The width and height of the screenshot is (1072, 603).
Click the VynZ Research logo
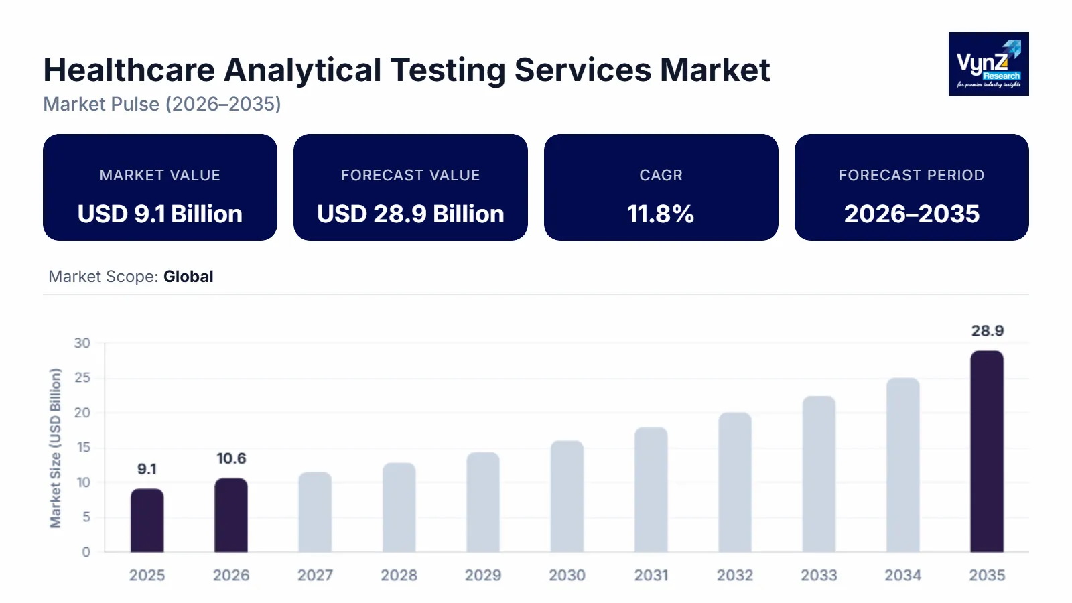click(x=988, y=64)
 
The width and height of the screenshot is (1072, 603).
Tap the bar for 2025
click(x=147, y=521)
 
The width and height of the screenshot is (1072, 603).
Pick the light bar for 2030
click(x=567, y=496)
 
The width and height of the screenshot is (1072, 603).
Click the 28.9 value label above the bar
click(x=987, y=331)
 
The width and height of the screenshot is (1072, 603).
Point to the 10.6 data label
click(x=231, y=459)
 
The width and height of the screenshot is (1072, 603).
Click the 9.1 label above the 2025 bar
click(x=147, y=469)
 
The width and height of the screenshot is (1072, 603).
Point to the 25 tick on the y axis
click(x=82, y=378)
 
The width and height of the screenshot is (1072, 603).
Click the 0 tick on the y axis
click(x=86, y=552)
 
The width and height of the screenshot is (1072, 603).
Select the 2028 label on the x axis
click(x=399, y=576)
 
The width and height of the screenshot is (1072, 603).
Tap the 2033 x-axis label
click(x=819, y=576)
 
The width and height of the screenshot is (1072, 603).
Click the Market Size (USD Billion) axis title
click(x=56, y=448)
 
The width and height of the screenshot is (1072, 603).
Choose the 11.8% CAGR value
click(x=661, y=214)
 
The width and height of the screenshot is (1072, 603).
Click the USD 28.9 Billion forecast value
click(x=410, y=214)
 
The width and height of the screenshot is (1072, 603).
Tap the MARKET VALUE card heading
click(x=159, y=176)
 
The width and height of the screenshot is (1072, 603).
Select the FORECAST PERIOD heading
click(x=911, y=176)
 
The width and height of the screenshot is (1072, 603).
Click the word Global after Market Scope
click(x=188, y=277)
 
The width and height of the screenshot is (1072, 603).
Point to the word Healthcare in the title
click(x=129, y=70)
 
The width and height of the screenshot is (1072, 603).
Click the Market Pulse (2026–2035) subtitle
click(x=162, y=105)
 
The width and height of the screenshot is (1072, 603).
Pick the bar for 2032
click(x=735, y=482)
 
